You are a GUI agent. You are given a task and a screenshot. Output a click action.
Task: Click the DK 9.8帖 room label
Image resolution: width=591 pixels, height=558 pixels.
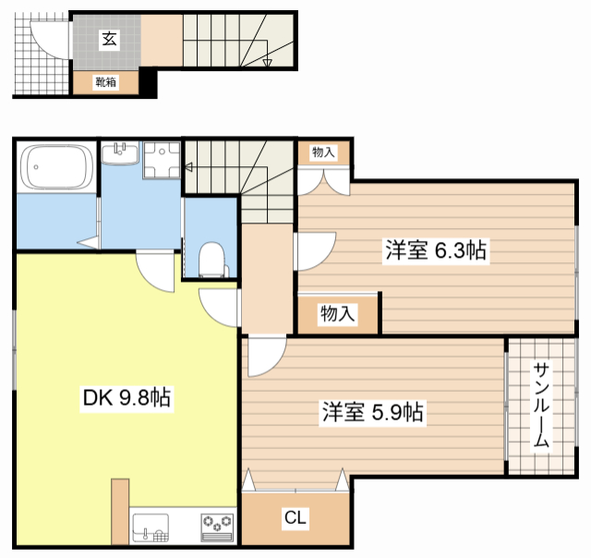[x=127, y=398]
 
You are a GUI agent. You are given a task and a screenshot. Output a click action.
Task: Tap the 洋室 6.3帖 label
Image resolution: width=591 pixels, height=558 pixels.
[x=436, y=250]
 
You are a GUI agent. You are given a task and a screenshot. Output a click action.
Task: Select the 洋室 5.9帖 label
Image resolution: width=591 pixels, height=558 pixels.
[x=372, y=412]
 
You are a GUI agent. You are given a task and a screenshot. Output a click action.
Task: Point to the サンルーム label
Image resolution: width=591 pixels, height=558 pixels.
[x=541, y=405]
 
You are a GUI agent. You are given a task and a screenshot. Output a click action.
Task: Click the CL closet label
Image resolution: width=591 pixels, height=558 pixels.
[x=295, y=517]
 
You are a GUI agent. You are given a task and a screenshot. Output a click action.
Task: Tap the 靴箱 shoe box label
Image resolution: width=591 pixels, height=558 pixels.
[x=105, y=82]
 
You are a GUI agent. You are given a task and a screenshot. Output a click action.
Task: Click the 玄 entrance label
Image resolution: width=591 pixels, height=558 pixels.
[x=109, y=39]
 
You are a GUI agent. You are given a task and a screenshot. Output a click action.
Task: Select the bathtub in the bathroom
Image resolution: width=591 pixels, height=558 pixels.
[x=57, y=166]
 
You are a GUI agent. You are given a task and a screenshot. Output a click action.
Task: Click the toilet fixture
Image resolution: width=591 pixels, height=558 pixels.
[x=212, y=260]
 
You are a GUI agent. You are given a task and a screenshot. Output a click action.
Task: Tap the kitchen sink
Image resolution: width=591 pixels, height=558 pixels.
[x=151, y=528]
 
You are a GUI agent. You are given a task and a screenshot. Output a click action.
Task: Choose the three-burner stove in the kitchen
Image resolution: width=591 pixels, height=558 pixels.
[x=217, y=528]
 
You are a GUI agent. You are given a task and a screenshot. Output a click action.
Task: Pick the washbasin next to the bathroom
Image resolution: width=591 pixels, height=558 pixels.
[x=120, y=153]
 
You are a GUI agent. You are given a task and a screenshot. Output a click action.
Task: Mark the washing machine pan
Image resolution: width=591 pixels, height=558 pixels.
[x=162, y=160]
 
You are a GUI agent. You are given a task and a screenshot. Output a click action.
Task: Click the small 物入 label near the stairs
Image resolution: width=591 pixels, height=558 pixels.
[x=323, y=152]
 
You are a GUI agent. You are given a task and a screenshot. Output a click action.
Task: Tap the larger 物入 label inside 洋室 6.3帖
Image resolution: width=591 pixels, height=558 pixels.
[x=338, y=314]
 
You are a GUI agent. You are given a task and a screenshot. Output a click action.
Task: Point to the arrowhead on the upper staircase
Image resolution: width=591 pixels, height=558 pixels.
[x=267, y=63]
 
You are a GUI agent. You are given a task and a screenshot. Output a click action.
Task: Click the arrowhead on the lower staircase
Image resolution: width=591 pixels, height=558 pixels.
[x=188, y=166]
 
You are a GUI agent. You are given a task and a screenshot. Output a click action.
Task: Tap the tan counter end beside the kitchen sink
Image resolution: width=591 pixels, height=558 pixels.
[x=120, y=512]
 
